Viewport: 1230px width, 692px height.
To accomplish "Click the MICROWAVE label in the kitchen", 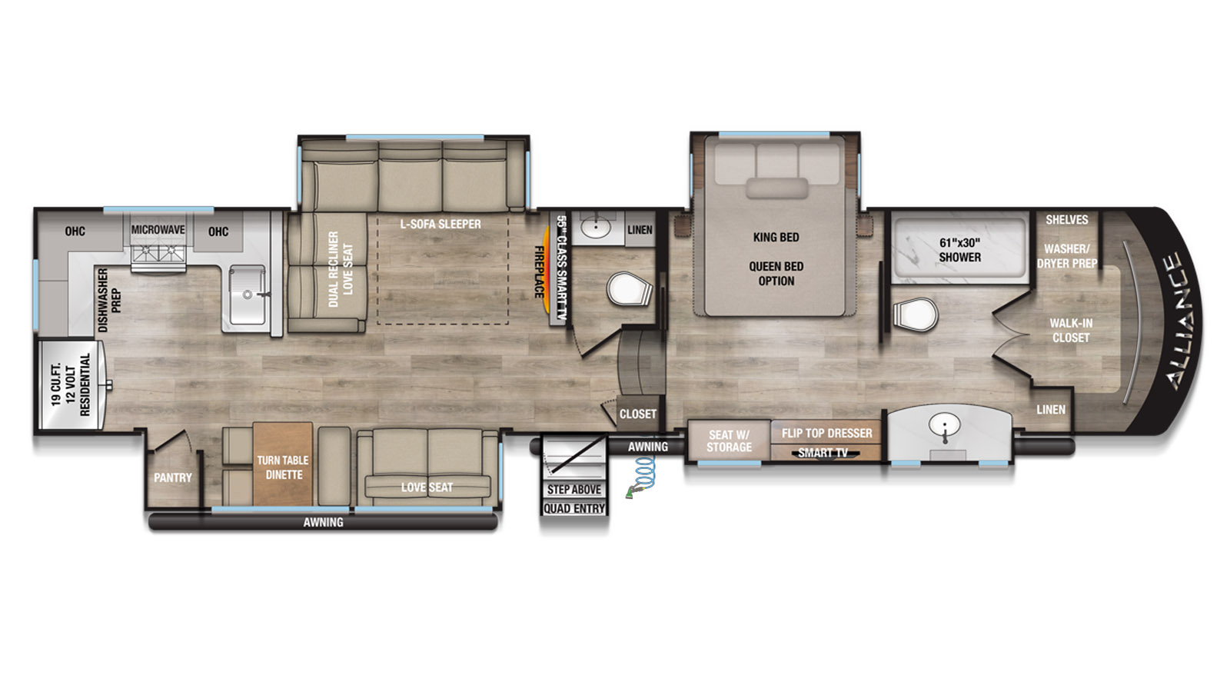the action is tap(158, 230).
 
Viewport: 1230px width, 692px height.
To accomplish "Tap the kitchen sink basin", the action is tap(247, 295).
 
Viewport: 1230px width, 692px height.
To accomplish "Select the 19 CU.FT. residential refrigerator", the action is tap(72, 384).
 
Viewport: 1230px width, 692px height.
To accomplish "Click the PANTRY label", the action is tap(172, 477).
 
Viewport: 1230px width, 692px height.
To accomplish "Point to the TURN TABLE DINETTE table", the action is tap(283, 464).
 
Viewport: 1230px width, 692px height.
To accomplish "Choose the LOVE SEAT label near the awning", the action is tap(427, 487).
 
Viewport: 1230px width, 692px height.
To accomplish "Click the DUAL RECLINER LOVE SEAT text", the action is tap(341, 269).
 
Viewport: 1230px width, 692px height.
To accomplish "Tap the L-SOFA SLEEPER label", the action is tap(440, 224).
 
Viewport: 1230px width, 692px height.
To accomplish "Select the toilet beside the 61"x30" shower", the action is tap(914, 314).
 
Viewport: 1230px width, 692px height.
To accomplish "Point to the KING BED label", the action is tap(776, 238).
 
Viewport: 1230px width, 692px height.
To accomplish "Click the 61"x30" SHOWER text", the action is tap(959, 250).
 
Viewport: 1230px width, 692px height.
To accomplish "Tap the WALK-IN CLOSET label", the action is tap(1071, 331).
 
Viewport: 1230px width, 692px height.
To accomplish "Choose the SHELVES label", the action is tap(1066, 220).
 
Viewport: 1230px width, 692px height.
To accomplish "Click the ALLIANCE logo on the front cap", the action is tap(1181, 321).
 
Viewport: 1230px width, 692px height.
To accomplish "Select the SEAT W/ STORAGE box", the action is tap(729, 441).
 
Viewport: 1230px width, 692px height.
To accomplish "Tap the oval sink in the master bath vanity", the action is tap(945, 424).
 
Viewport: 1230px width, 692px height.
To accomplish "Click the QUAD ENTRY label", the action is tap(574, 508).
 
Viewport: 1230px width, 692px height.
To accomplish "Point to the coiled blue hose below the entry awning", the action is tap(643, 476).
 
